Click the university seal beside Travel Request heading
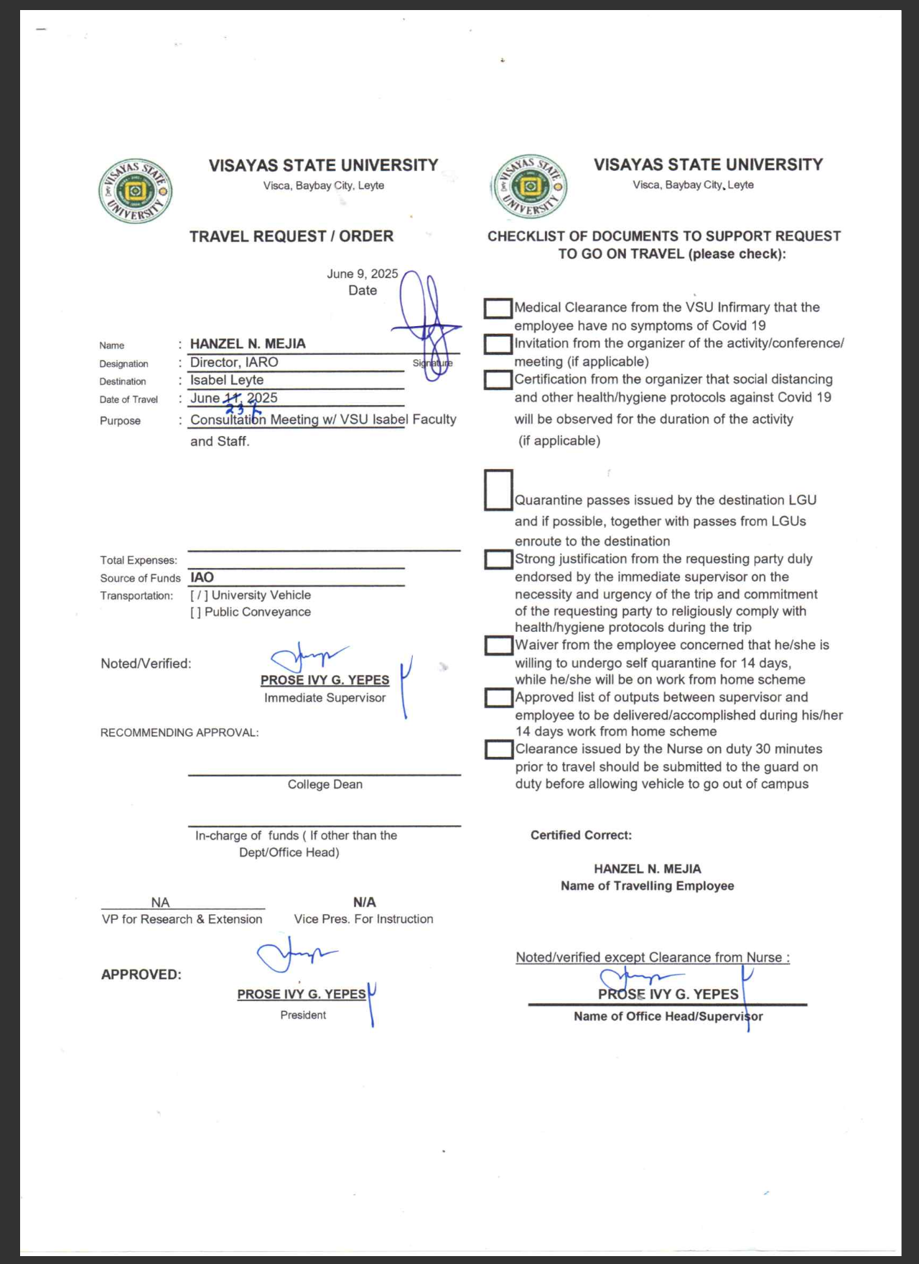coord(135,191)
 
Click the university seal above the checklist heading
coord(530,187)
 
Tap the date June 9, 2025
coord(362,274)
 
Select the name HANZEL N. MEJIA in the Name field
coord(248,344)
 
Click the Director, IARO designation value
coord(234,363)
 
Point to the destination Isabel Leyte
coord(227,381)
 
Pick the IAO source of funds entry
coord(202,577)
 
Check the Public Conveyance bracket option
coord(196,613)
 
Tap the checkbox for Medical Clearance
coord(498,308)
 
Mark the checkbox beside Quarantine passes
coord(498,490)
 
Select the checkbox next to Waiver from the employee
coord(498,645)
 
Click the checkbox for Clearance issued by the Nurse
coord(498,749)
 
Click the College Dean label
coord(325,785)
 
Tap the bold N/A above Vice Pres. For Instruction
coord(364,902)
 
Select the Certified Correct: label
coord(581,835)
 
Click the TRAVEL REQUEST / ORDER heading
coord(291,236)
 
